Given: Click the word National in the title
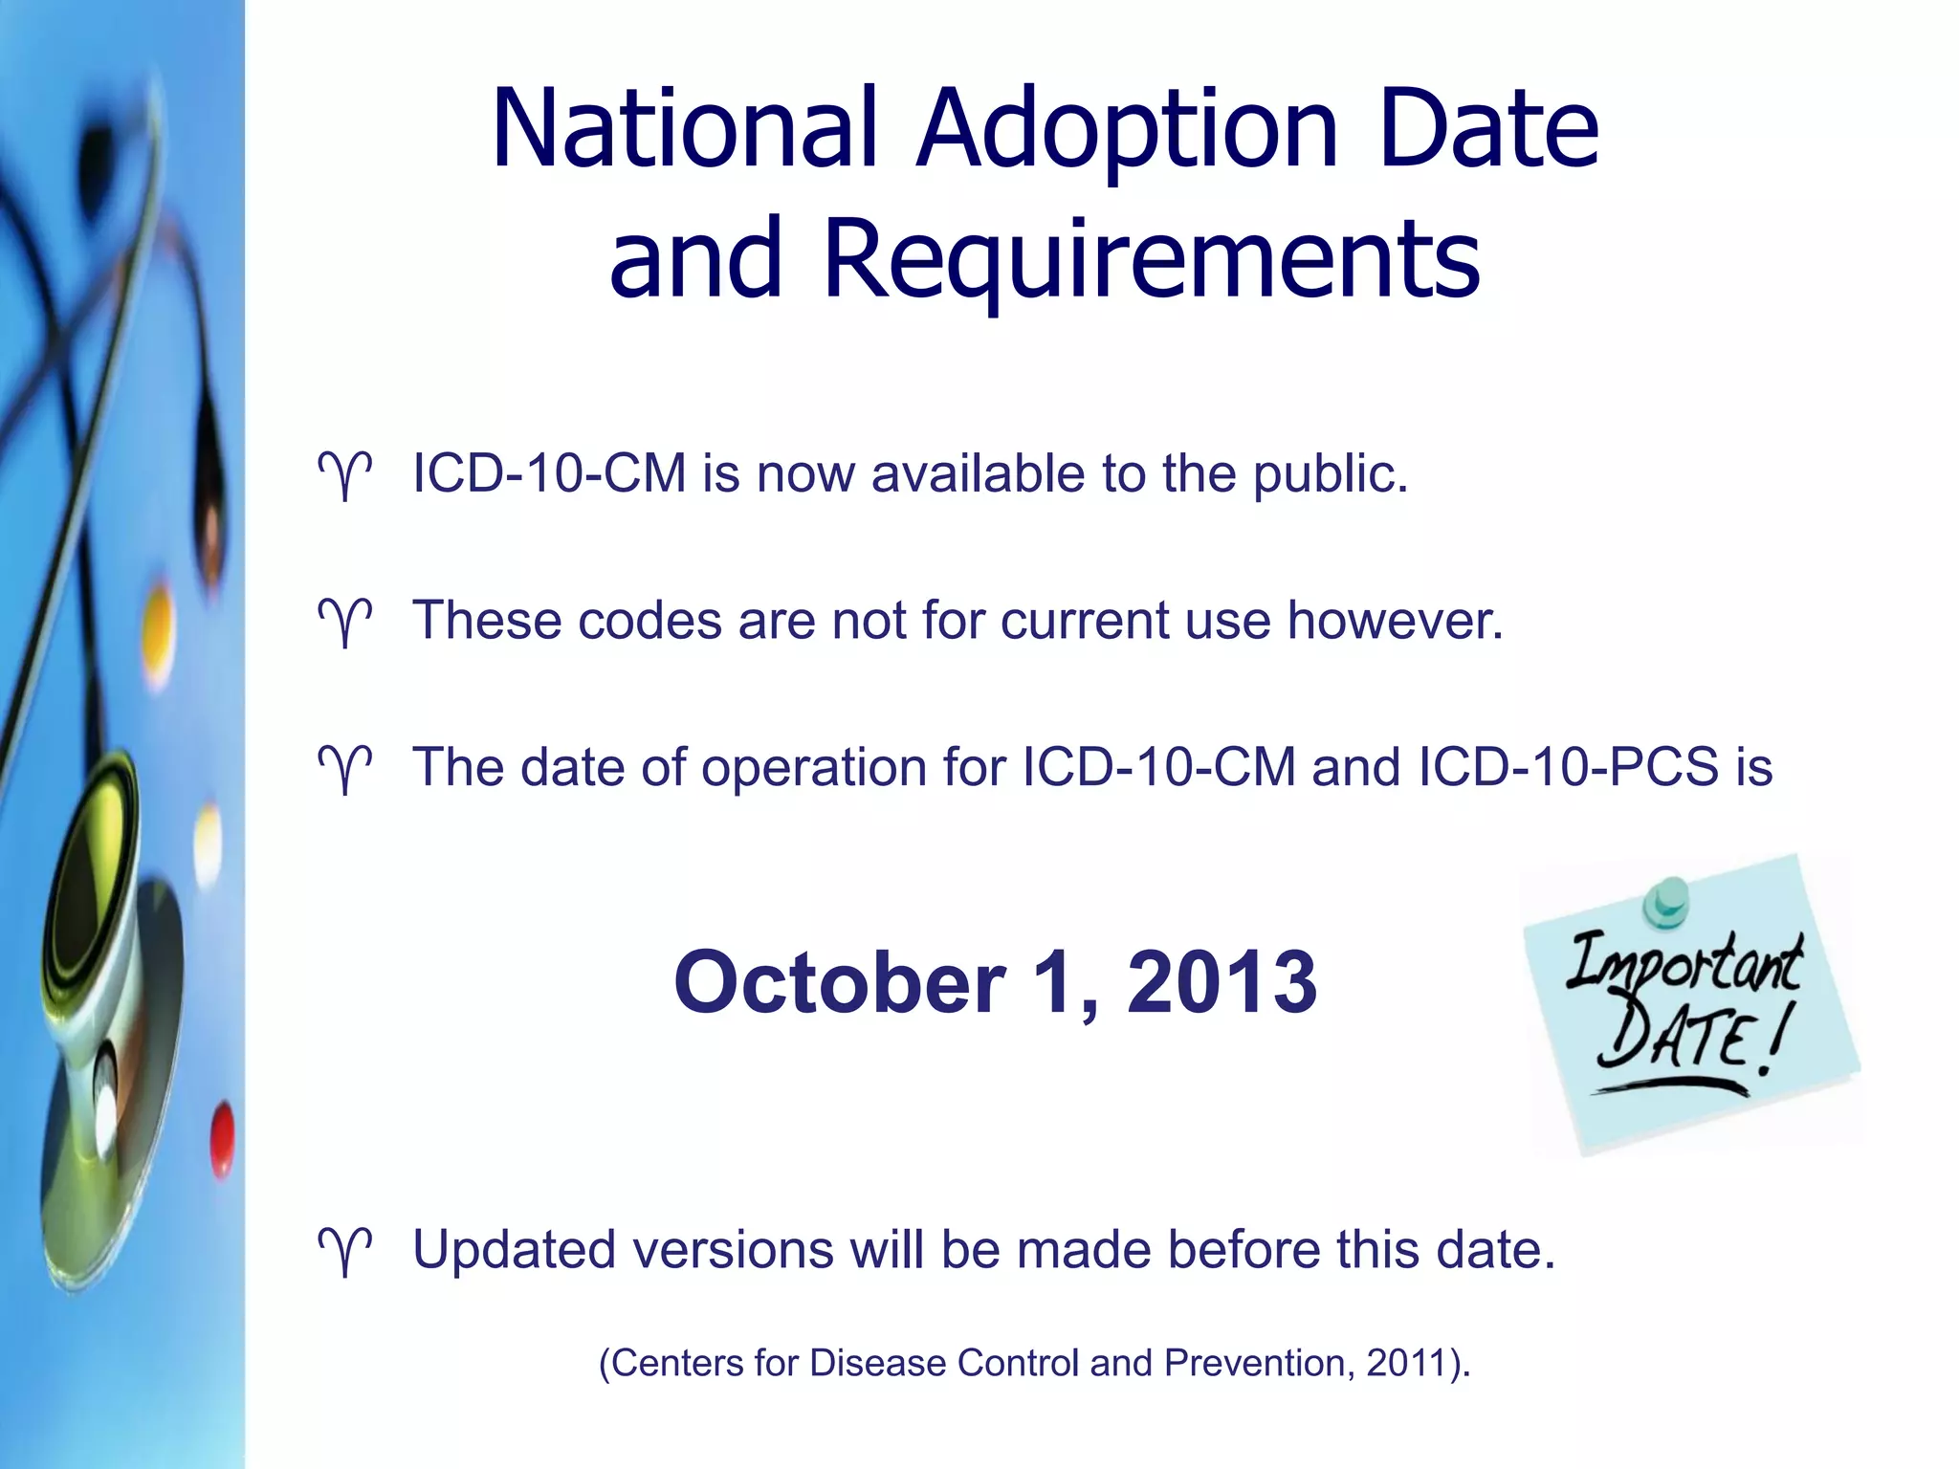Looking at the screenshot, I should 683,129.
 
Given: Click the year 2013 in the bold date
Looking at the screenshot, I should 1222,982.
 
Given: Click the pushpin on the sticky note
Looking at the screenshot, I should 1666,901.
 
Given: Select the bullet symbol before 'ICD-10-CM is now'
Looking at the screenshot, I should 344,475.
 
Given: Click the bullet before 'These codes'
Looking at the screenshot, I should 344,623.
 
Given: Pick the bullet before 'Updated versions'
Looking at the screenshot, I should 344,1252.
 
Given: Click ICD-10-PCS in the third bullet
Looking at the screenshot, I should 1569,767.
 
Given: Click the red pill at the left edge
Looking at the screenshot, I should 222,1137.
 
